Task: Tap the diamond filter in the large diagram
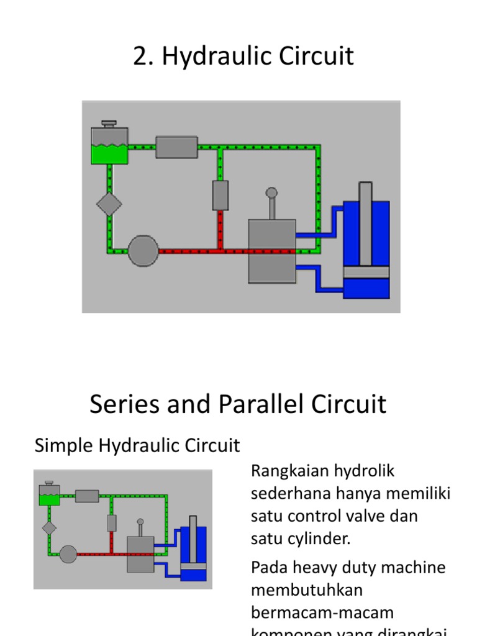coord(109,203)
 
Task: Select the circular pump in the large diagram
coord(143,251)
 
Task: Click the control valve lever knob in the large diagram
coord(271,193)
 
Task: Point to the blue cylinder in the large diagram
coord(366,248)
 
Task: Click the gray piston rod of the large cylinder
coord(366,224)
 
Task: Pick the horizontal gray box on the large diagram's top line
coord(176,147)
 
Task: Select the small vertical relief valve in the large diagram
coord(220,195)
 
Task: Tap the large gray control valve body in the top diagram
coord(271,250)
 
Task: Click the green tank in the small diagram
coord(48,494)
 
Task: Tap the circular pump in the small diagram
coord(68,553)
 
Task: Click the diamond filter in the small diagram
coord(49,528)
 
